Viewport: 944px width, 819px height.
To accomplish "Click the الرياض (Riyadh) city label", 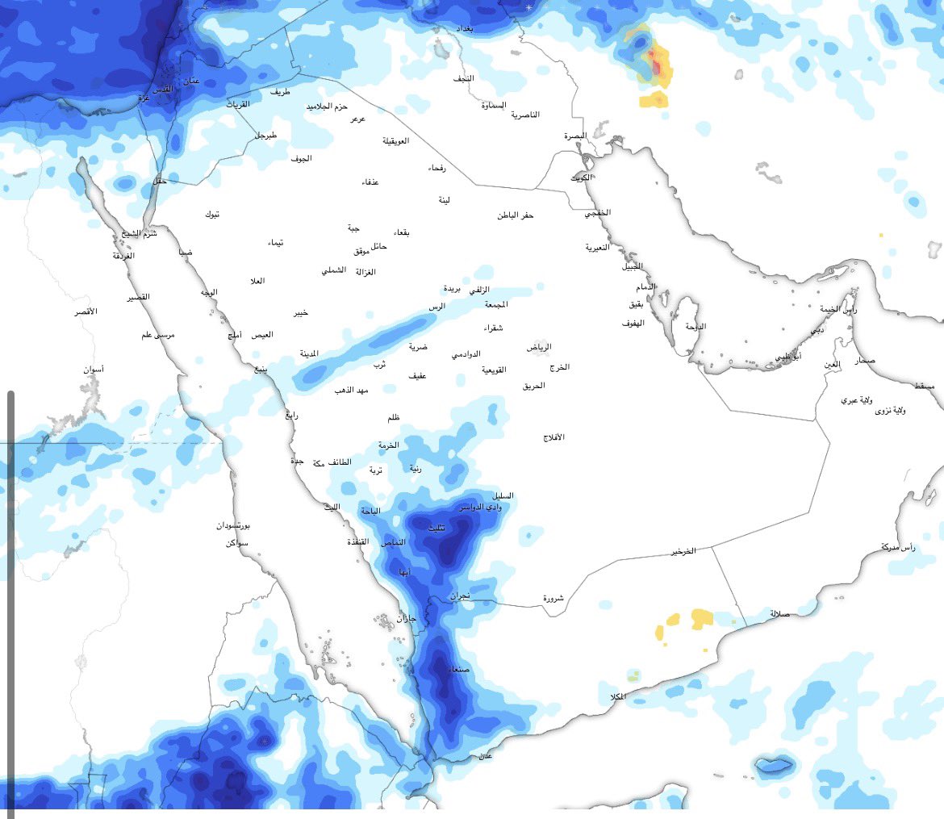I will [540, 347].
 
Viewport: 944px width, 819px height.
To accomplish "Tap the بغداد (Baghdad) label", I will [465, 28].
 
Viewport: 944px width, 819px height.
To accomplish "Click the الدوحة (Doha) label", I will [695, 327].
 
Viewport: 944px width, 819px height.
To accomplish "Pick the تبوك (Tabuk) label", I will [212, 215].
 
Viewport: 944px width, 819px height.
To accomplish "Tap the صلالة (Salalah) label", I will [779, 613].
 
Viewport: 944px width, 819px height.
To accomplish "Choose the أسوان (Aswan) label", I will [93, 370].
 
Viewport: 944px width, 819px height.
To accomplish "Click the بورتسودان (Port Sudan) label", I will [233, 525].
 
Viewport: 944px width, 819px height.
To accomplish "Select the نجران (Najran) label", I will [459, 596].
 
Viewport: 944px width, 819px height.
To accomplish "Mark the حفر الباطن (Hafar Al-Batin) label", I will [516, 215].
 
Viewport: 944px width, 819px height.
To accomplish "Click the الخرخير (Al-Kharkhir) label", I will [683, 552].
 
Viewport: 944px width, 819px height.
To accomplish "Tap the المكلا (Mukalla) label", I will [613, 696].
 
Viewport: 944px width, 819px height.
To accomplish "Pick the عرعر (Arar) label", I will [357, 119].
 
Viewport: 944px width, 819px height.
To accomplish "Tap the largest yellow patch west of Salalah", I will [702, 619].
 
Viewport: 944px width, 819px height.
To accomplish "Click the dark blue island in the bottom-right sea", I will [773, 764].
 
